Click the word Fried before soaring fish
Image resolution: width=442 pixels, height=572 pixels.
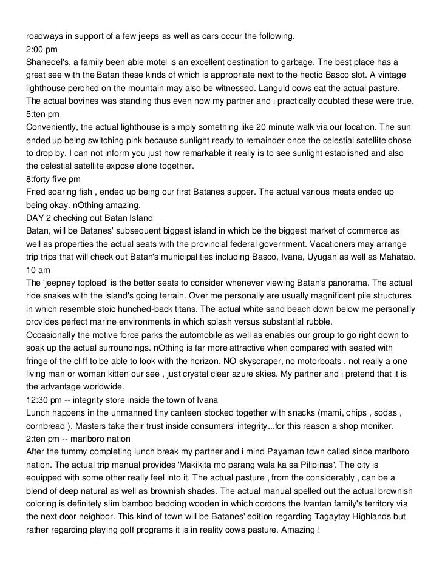coord(36,193)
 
